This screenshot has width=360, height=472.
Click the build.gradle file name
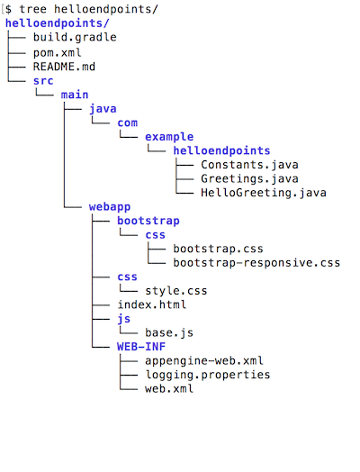(75, 38)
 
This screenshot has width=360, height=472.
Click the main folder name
(75, 95)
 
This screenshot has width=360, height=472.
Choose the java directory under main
(103, 109)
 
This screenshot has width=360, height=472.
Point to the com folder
(127, 123)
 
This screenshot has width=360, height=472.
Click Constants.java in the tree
(249, 165)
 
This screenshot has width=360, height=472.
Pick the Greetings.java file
(249, 178)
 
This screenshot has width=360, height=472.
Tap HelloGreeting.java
(263, 193)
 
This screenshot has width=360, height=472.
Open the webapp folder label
(110, 206)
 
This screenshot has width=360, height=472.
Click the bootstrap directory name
(148, 221)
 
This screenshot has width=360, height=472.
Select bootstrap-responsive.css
(256, 263)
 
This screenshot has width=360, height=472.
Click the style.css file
(175, 291)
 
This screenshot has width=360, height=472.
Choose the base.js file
(168, 333)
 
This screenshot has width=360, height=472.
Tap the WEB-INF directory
(141, 347)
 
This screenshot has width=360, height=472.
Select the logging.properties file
(208, 375)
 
